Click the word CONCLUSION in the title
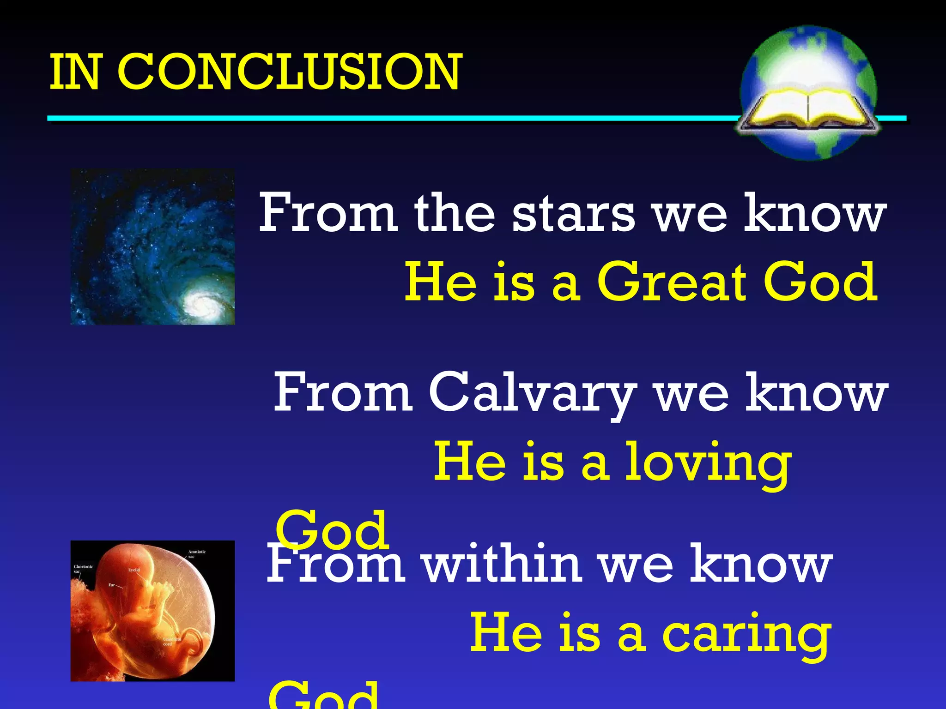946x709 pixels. point(289,72)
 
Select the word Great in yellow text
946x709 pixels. point(672,282)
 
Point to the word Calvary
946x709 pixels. point(532,393)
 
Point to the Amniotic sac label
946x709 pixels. point(197,554)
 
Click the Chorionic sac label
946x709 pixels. point(83,568)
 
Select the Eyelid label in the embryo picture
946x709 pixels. point(134,570)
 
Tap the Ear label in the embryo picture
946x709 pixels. point(112,585)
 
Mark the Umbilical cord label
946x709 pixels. point(171,641)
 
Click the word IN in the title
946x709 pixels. point(74,72)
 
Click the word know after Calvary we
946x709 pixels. point(817,393)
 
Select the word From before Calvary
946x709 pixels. point(343,393)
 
